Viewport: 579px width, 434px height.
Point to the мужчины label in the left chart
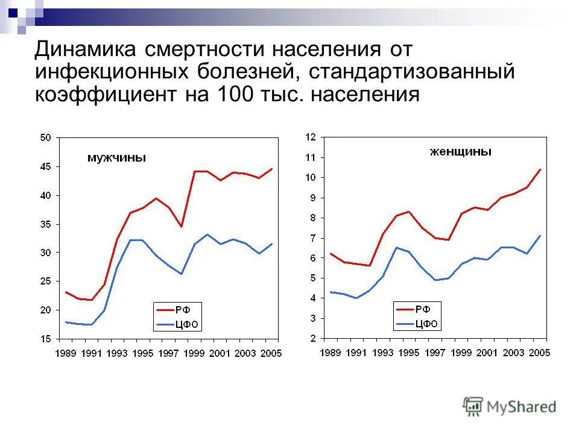pyautogui.click(x=116, y=158)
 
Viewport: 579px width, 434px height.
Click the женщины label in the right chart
pyautogui.click(x=461, y=152)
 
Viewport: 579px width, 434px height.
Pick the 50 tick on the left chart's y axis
pyautogui.click(x=46, y=138)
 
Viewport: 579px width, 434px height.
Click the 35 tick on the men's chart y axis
pyautogui.click(x=46, y=224)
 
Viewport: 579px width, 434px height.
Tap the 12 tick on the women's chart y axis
pyautogui.click(x=311, y=137)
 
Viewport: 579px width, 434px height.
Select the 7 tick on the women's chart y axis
pyautogui.click(x=314, y=238)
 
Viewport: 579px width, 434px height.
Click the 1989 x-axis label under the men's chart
pyautogui.click(x=66, y=353)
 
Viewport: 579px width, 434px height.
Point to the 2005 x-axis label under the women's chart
pyautogui.click(x=539, y=353)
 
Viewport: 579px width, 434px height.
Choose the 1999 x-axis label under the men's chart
pyautogui.click(x=194, y=353)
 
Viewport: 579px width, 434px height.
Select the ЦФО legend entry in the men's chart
pyautogui.click(x=186, y=325)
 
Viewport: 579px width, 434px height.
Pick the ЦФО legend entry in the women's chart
pyautogui.click(x=426, y=324)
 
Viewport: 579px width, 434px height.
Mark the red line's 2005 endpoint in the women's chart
pyautogui.click(x=540, y=169)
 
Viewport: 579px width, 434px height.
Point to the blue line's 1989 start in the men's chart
pyautogui.click(x=66, y=322)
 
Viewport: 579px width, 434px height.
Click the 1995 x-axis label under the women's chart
pyautogui.click(x=409, y=353)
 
